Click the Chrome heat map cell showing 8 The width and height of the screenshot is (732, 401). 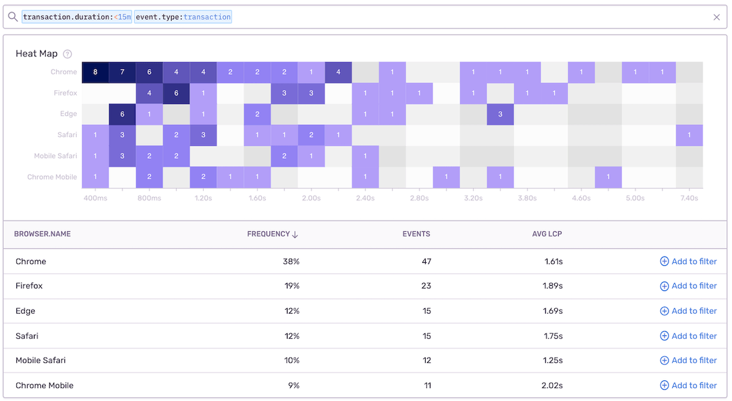click(95, 72)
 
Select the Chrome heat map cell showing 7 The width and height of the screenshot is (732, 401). click(122, 72)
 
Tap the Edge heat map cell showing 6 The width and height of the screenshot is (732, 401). click(122, 114)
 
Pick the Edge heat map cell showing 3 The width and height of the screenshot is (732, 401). click(500, 114)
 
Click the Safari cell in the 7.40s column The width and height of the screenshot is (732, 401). click(689, 135)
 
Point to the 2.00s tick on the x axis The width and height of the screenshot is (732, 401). click(311, 198)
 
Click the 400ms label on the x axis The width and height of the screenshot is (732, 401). click(95, 198)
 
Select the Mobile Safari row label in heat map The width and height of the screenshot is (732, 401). click(56, 156)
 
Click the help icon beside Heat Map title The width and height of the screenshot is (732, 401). click(68, 54)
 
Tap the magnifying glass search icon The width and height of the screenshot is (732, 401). click(12, 17)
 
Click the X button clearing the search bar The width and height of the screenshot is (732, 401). click(717, 17)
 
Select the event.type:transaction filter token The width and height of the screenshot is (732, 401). click(183, 17)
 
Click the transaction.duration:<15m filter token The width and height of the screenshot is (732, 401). click(77, 17)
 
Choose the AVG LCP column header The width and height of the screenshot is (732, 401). click(547, 234)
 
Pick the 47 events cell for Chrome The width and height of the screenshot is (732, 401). click(426, 261)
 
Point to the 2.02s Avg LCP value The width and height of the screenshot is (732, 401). click(553, 385)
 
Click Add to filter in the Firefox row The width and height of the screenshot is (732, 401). click(688, 286)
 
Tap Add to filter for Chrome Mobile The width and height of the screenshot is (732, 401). click(688, 385)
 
